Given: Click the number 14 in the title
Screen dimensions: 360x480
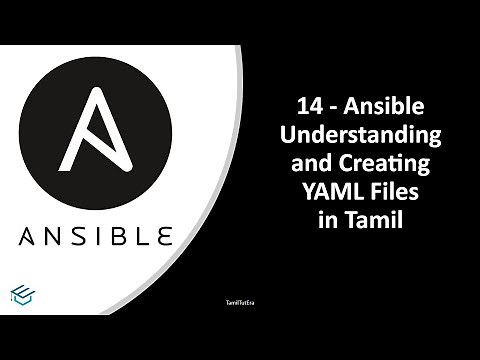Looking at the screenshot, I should [x=311, y=105].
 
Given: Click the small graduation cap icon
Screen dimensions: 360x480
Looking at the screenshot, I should [x=21, y=293].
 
